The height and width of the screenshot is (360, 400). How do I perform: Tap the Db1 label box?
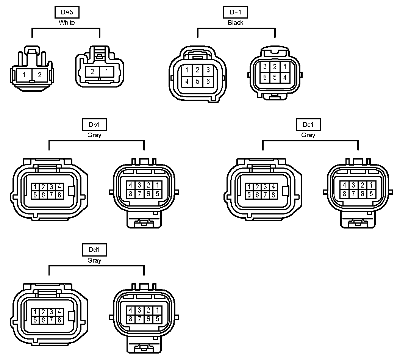[x=94, y=125]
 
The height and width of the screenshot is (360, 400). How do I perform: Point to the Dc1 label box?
[x=308, y=125]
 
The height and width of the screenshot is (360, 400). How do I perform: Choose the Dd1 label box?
[x=94, y=250]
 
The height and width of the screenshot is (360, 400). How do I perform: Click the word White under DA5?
[x=67, y=23]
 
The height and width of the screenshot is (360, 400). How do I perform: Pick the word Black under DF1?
[x=236, y=23]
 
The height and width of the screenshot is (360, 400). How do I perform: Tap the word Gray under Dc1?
[x=308, y=135]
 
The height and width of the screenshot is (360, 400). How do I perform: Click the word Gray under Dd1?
[x=94, y=260]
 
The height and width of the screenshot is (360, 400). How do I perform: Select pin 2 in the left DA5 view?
[x=40, y=75]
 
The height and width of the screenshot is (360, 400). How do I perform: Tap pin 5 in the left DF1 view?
[x=197, y=81]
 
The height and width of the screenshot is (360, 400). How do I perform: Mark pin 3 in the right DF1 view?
[x=266, y=67]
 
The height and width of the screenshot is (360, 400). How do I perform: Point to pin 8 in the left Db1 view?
[x=59, y=195]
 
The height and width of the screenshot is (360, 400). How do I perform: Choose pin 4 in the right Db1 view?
[x=131, y=185]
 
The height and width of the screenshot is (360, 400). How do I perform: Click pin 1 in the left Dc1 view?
[x=249, y=187]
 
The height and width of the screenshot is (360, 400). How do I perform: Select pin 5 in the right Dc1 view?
[x=372, y=194]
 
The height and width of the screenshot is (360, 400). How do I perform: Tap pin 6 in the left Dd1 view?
[x=43, y=320]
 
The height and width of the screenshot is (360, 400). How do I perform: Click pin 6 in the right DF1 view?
[x=266, y=77]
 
